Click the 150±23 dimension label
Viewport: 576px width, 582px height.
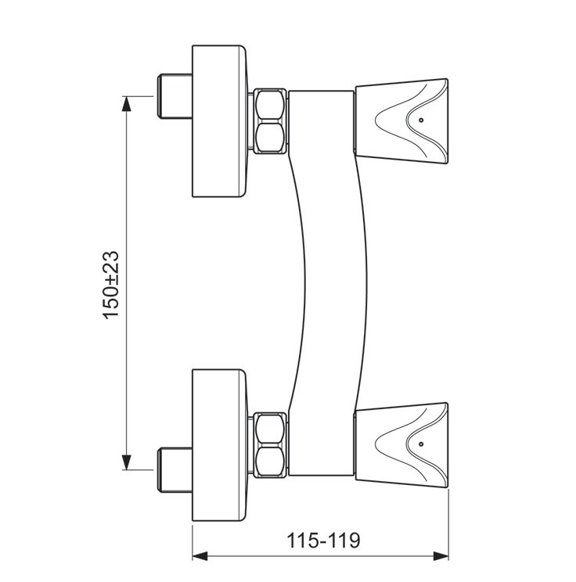111,285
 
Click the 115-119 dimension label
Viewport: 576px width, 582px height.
324,541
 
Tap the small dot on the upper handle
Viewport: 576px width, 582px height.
421,120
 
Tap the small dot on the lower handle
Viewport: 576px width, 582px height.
421,444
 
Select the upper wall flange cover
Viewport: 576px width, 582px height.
219,121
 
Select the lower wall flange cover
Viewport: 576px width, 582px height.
219,445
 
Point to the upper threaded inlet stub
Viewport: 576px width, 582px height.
175,96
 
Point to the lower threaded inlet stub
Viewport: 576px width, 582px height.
175,470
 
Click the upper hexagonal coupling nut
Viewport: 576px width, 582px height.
270,120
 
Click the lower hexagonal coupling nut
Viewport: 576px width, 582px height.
270,444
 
